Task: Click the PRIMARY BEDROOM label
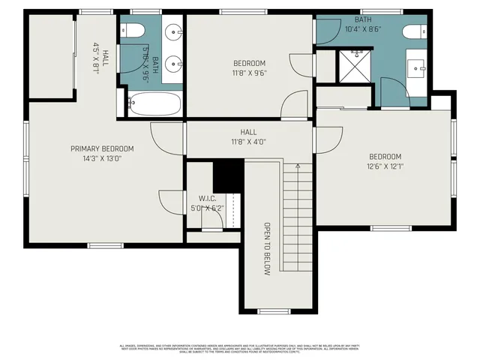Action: [x=102, y=148]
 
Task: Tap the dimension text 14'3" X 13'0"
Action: [x=102, y=158]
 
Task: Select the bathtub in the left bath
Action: [x=154, y=103]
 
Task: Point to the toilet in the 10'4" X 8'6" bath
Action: [x=412, y=32]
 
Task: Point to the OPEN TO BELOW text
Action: [x=266, y=249]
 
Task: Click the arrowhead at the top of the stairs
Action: [x=298, y=166]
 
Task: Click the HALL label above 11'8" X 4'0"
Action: [x=248, y=131]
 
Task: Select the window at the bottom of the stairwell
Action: [x=274, y=310]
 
